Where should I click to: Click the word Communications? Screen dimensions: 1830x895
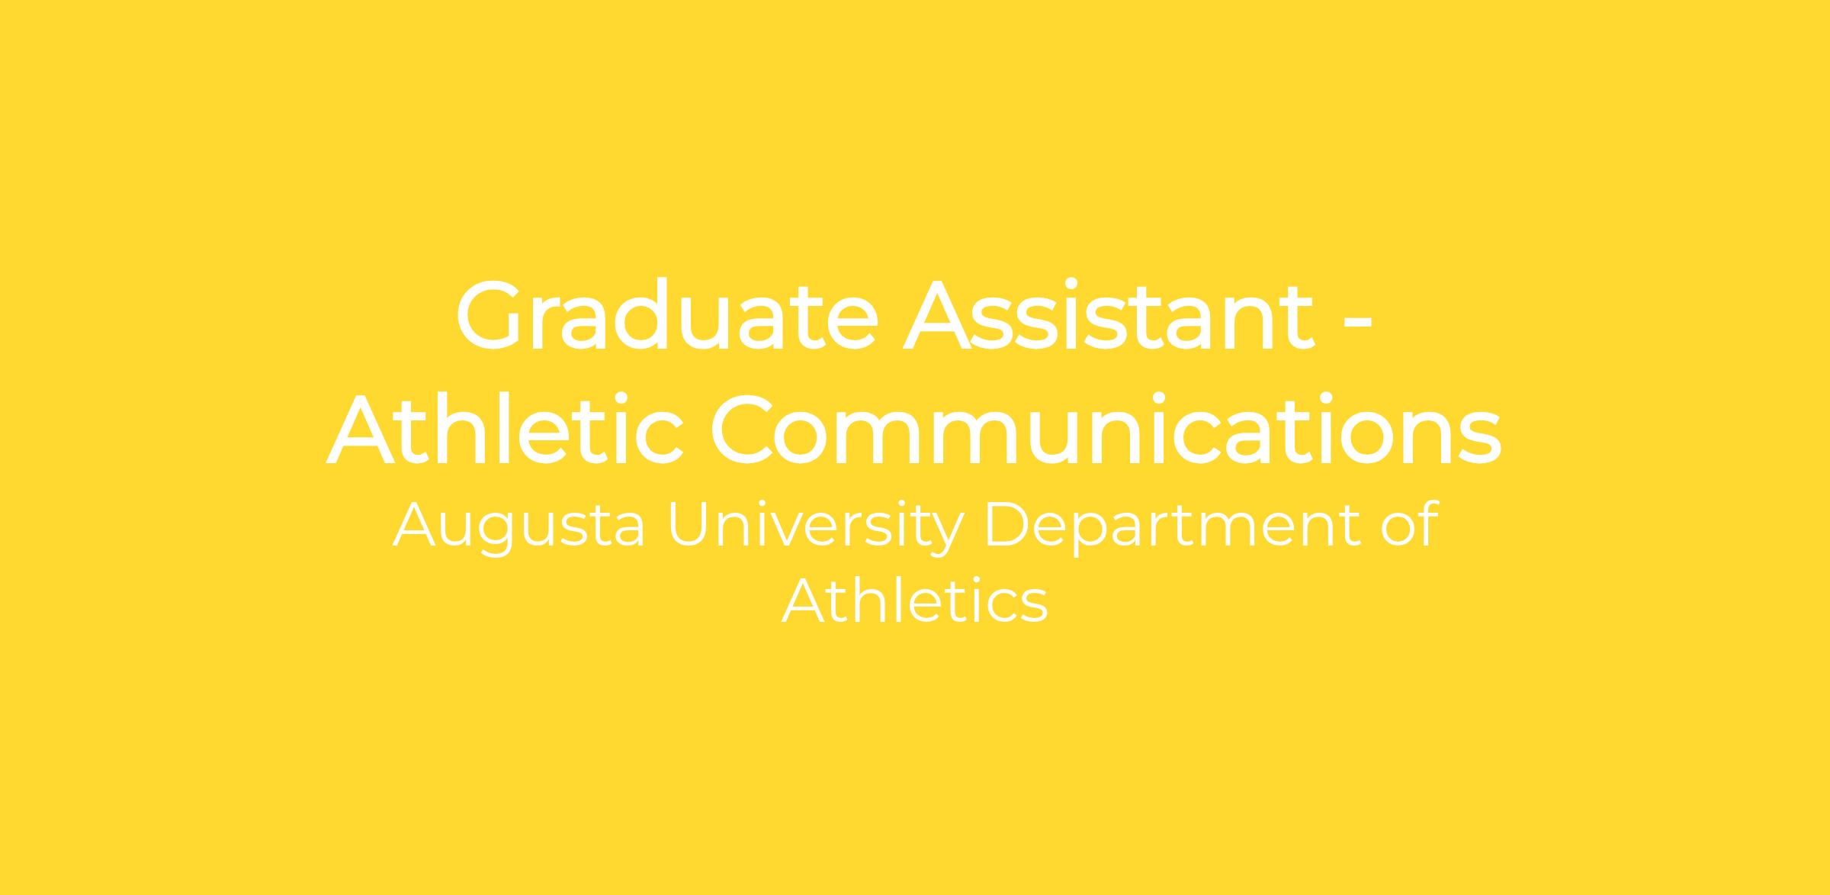(1106, 430)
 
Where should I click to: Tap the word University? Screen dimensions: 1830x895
(817, 526)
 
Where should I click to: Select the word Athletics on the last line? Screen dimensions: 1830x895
(915, 600)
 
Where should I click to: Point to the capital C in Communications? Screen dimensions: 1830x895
(746, 430)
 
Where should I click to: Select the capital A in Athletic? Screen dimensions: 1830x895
(364, 430)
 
